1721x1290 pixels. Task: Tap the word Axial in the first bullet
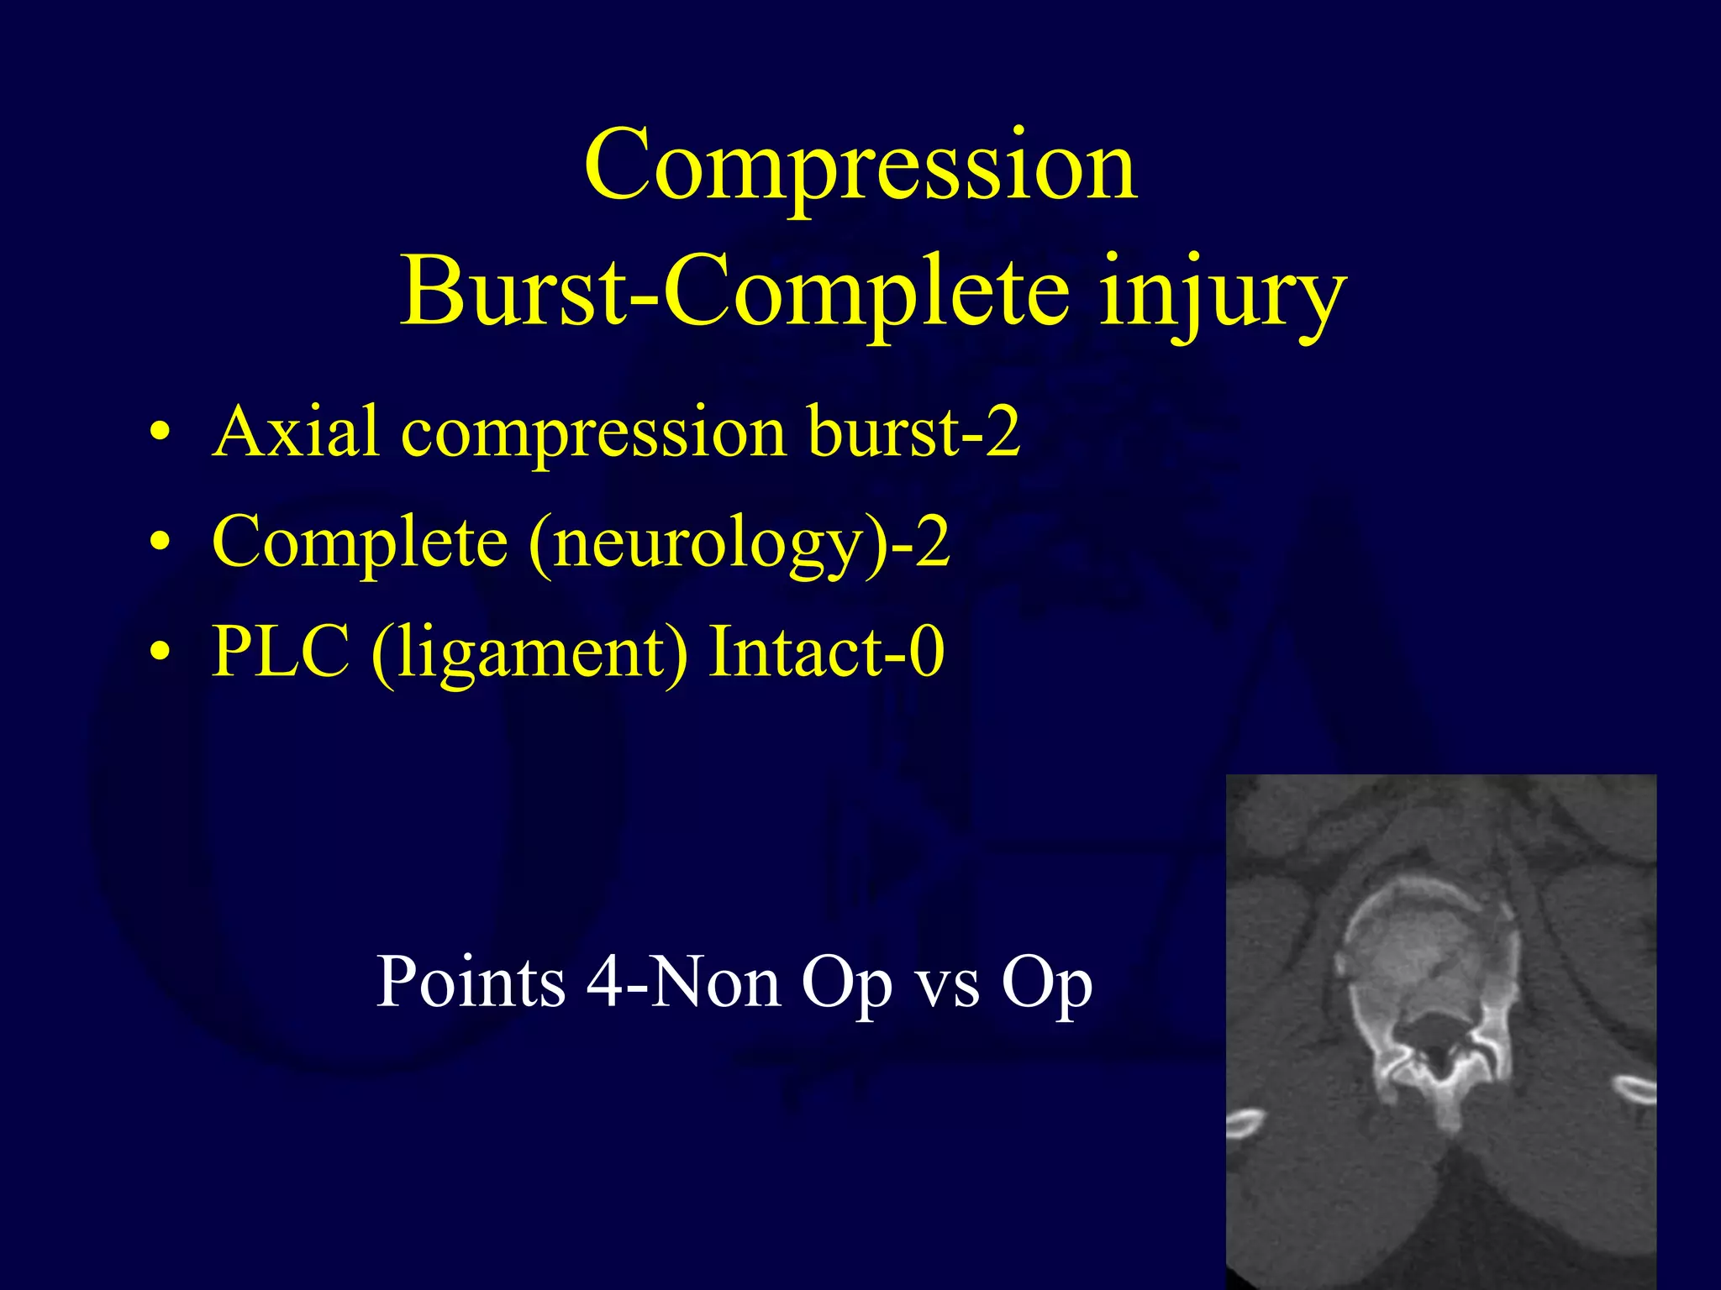[295, 432]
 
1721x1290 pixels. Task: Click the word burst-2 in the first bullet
[913, 432]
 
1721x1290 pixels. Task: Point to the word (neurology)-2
[739, 543]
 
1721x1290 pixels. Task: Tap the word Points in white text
[471, 982]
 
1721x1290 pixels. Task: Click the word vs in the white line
[948, 983]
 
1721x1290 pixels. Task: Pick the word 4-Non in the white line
[683, 982]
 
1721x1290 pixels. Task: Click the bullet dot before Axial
[160, 434]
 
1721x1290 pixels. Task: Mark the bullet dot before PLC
[160, 653]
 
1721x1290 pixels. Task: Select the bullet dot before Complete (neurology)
[160, 543]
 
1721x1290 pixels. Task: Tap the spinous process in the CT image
[1450, 1109]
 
